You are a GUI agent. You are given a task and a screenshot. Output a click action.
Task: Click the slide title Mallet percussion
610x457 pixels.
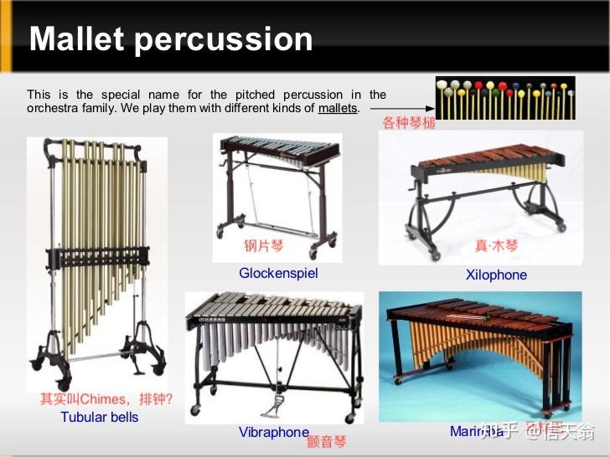point(171,39)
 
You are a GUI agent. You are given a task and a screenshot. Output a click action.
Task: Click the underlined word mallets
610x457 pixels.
point(337,108)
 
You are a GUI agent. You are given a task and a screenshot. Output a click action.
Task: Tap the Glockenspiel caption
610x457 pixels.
point(278,273)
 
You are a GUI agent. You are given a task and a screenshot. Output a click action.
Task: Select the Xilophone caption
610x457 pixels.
point(496,275)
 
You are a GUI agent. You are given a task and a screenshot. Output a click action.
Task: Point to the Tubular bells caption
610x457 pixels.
point(99,417)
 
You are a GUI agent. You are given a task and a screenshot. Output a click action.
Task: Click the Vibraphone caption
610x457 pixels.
point(273,432)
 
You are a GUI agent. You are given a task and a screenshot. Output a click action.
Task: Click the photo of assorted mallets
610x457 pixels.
point(504,99)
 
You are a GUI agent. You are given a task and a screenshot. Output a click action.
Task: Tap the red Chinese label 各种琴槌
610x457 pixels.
point(409,123)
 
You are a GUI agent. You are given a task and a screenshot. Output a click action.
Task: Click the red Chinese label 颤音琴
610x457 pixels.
point(326,441)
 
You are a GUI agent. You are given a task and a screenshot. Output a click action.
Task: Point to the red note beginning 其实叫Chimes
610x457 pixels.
point(106,399)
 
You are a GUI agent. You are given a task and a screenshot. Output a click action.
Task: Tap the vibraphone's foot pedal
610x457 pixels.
point(272,410)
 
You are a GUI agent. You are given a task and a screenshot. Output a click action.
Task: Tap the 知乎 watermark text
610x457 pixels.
point(500,432)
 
